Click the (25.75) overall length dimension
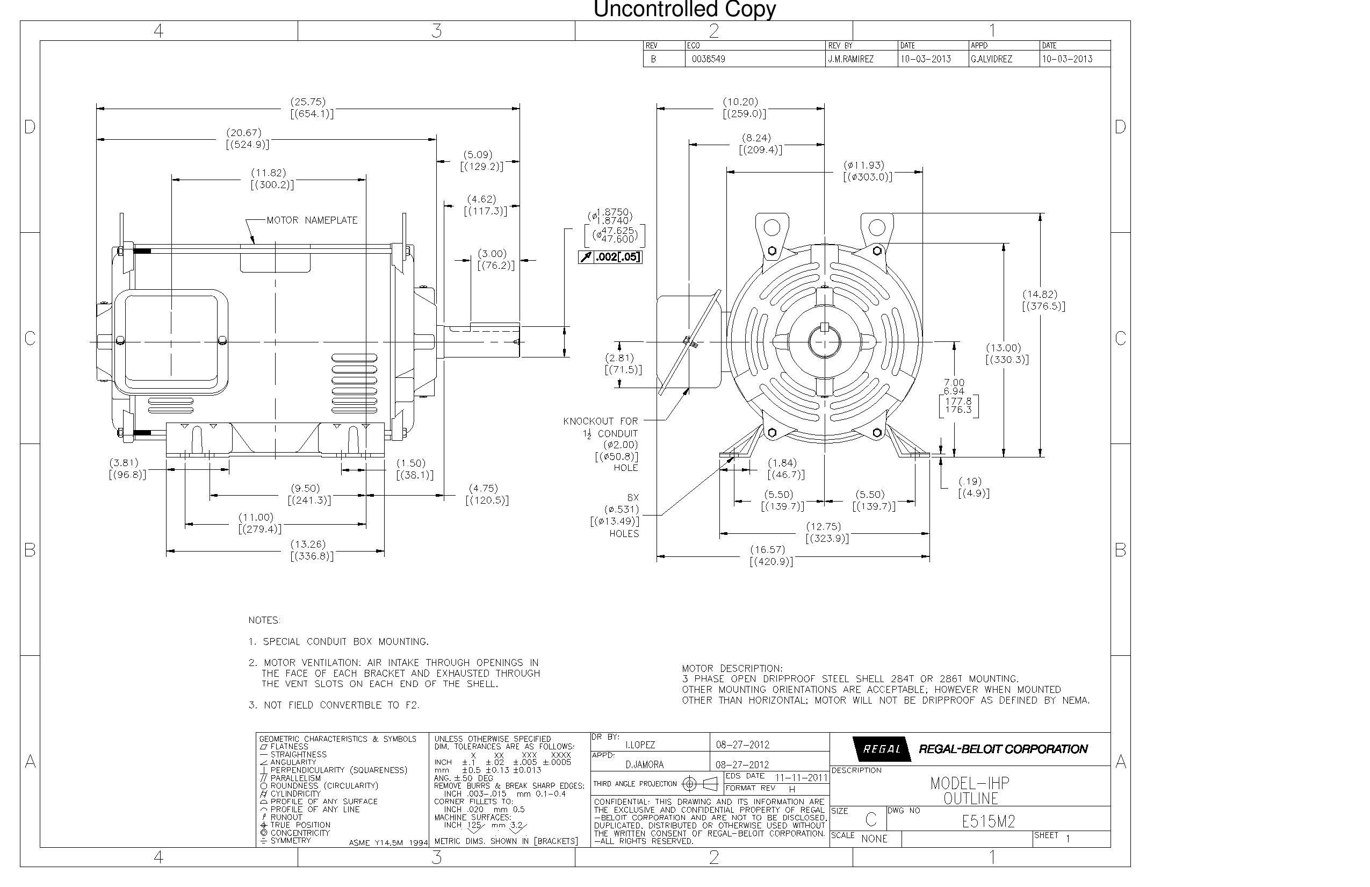point(307,102)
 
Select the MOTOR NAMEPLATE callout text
point(312,220)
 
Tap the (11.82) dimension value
point(268,173)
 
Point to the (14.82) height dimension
point(1040,295)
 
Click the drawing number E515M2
point(988,821)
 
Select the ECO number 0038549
point(708,59)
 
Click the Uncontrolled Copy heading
point(684,9)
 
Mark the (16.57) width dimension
point(767,549)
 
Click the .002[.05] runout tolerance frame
point(610,257)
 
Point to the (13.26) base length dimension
point(307,544)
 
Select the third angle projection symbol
point(700,784)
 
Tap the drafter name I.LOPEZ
point(639,745)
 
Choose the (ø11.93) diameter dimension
point(863,166)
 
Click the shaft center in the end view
point(824,341)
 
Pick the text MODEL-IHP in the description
point(969,783)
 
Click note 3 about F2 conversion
point(334,705)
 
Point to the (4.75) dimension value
point(483,489)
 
